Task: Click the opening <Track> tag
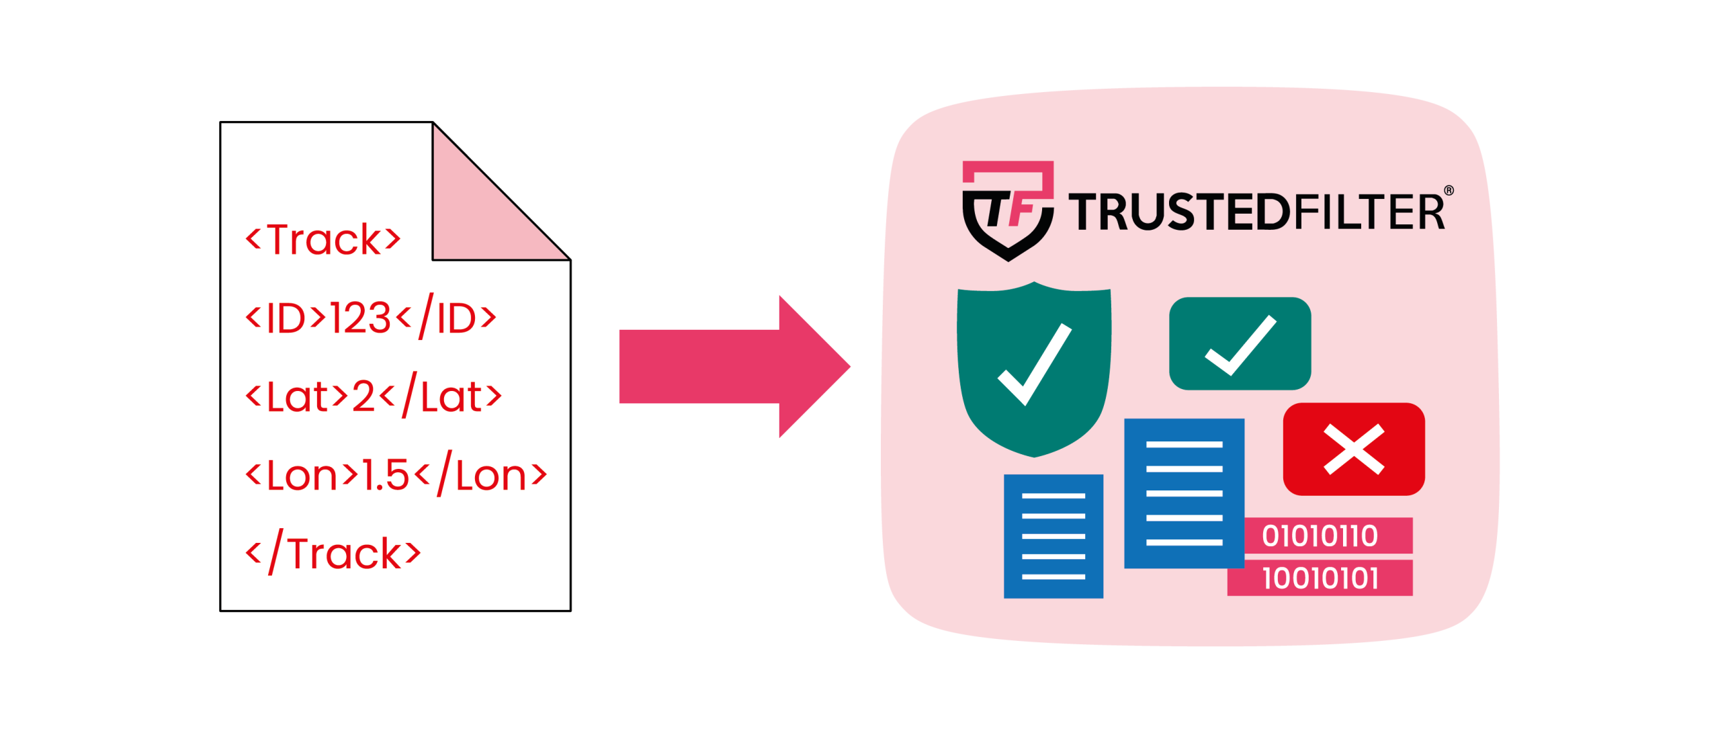[323, 239]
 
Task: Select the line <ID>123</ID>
[371, 317]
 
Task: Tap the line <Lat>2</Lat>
[374, 396]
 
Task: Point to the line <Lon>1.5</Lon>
[396, 475]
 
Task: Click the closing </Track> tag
[333, 554]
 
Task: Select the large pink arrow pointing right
[732, 367]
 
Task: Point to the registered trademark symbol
[1449, 191]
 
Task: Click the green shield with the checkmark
[1034, 370]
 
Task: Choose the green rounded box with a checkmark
[1240, 343]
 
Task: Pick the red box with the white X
[1353, 449]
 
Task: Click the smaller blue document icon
[1053, 535]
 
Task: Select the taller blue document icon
[1184, 493]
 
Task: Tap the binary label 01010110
[1320, 536]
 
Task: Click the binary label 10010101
[1320, 578]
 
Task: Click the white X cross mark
[1353, 449]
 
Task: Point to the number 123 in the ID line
[360, 318]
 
